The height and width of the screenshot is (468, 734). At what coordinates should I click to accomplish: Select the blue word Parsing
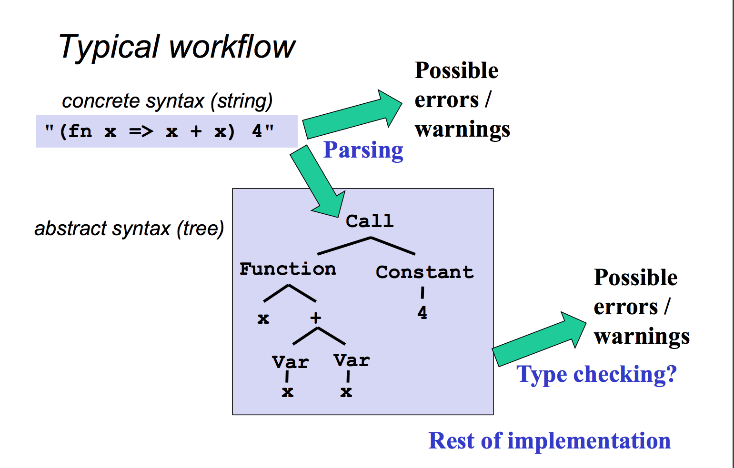pos(363,150)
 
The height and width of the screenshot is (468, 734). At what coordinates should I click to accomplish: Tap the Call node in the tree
pos(370,221)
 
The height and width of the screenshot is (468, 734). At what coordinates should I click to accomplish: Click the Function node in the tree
pos(288,269)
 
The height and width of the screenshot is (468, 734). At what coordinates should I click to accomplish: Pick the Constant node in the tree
pos(425,272)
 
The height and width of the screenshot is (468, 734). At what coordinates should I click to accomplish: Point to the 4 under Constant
pos(422,312)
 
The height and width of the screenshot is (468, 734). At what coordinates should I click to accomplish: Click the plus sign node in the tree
pos(315,318)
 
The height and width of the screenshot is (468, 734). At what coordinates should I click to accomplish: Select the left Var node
pos(291,362)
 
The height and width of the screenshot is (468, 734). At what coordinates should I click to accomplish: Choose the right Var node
pos(352,360)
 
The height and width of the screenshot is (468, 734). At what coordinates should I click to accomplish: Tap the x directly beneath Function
pos(263,319)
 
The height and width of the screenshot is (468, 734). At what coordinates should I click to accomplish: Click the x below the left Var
pos(287,392)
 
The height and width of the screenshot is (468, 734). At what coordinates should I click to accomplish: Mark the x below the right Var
pos(346,392)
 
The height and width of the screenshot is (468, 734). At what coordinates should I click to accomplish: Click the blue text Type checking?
pos(597,375)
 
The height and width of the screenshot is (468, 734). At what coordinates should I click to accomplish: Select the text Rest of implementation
pos(550,441)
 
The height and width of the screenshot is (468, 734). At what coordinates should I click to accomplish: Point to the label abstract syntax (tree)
pos(129,229)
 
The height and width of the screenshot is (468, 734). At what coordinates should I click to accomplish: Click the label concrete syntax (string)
pos(167,101)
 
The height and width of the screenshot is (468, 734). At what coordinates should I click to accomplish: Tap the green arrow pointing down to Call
pos(318,181)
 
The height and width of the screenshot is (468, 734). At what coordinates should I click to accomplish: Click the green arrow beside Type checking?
pos(539,339)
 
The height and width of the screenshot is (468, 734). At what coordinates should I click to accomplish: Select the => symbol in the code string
pos(141,132)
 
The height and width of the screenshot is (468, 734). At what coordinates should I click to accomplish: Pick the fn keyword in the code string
pos(80,131)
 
